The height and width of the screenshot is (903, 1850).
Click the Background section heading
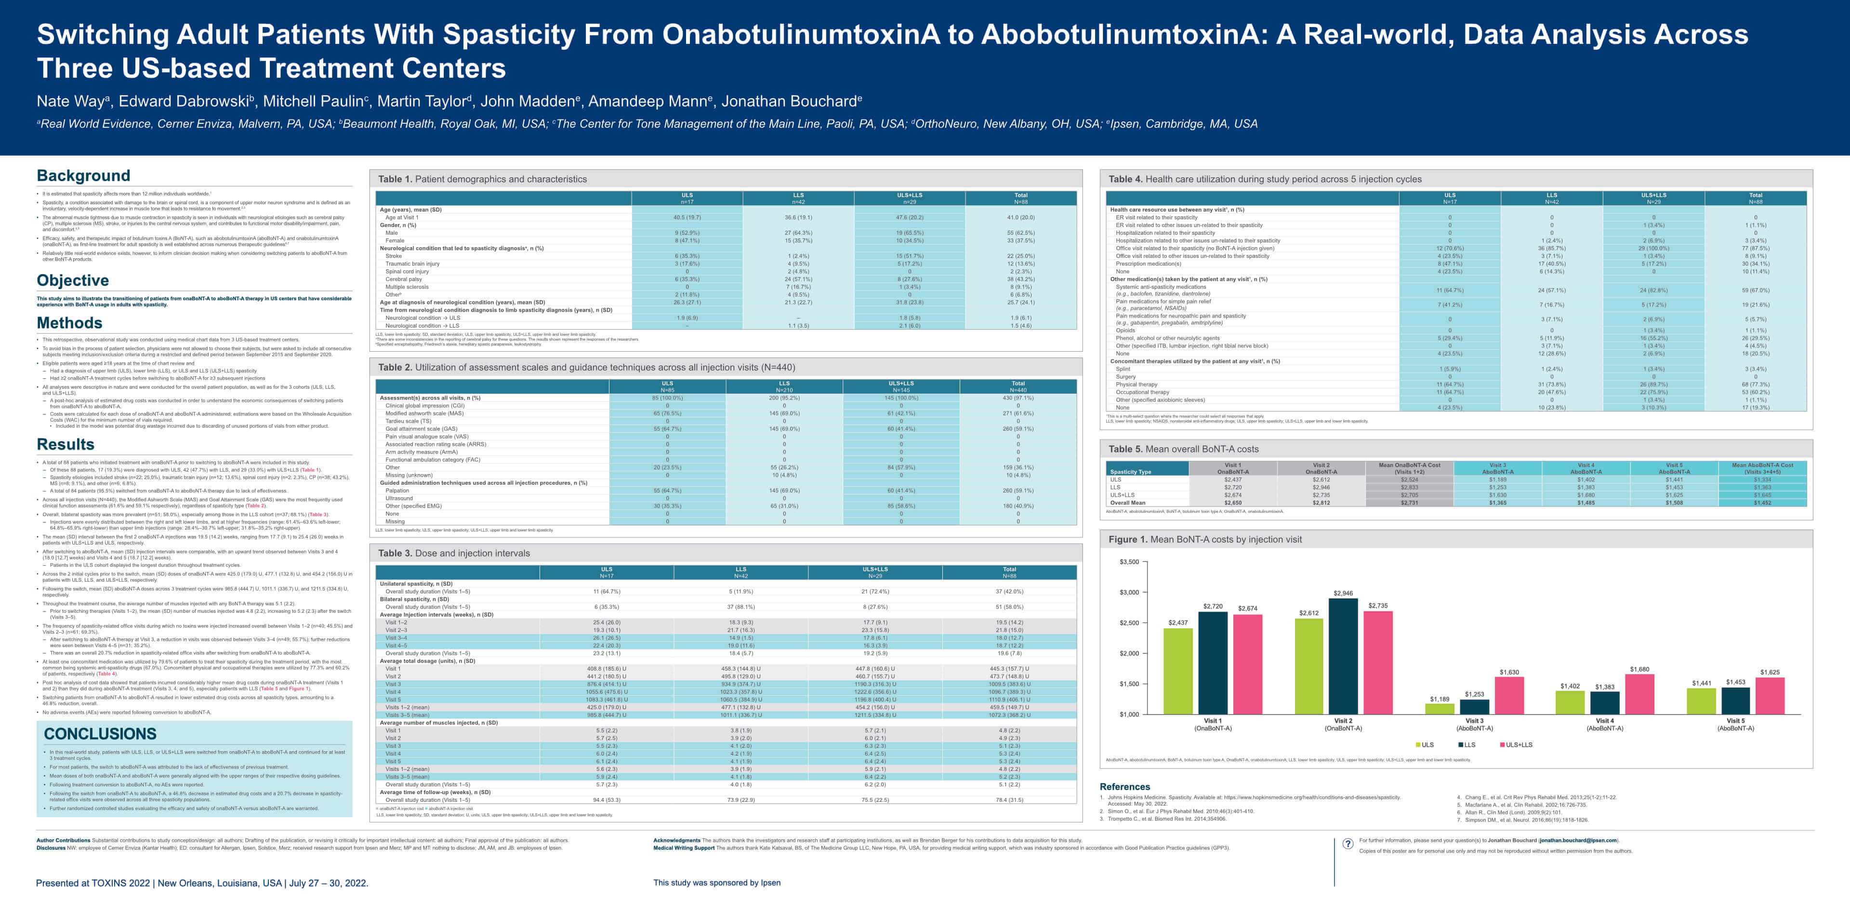tap(83, 176)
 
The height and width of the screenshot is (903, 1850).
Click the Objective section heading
tap(73, 280)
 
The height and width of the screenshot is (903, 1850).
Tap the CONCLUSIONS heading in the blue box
tap(100, 733)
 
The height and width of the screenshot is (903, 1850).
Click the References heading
tap(1124, 786)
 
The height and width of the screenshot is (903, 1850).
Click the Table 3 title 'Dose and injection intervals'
tap(454, 553)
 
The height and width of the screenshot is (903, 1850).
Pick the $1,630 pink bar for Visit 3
tap(1509, 695)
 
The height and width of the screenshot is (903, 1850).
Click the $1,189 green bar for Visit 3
tap(1439, 708)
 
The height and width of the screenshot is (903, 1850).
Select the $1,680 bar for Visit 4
tap(1639, 693)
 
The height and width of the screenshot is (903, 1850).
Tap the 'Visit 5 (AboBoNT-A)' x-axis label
tap(1735, 724)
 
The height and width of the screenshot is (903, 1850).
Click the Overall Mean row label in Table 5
tap(1127, 503)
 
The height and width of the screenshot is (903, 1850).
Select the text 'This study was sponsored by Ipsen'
tap(717, 883)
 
